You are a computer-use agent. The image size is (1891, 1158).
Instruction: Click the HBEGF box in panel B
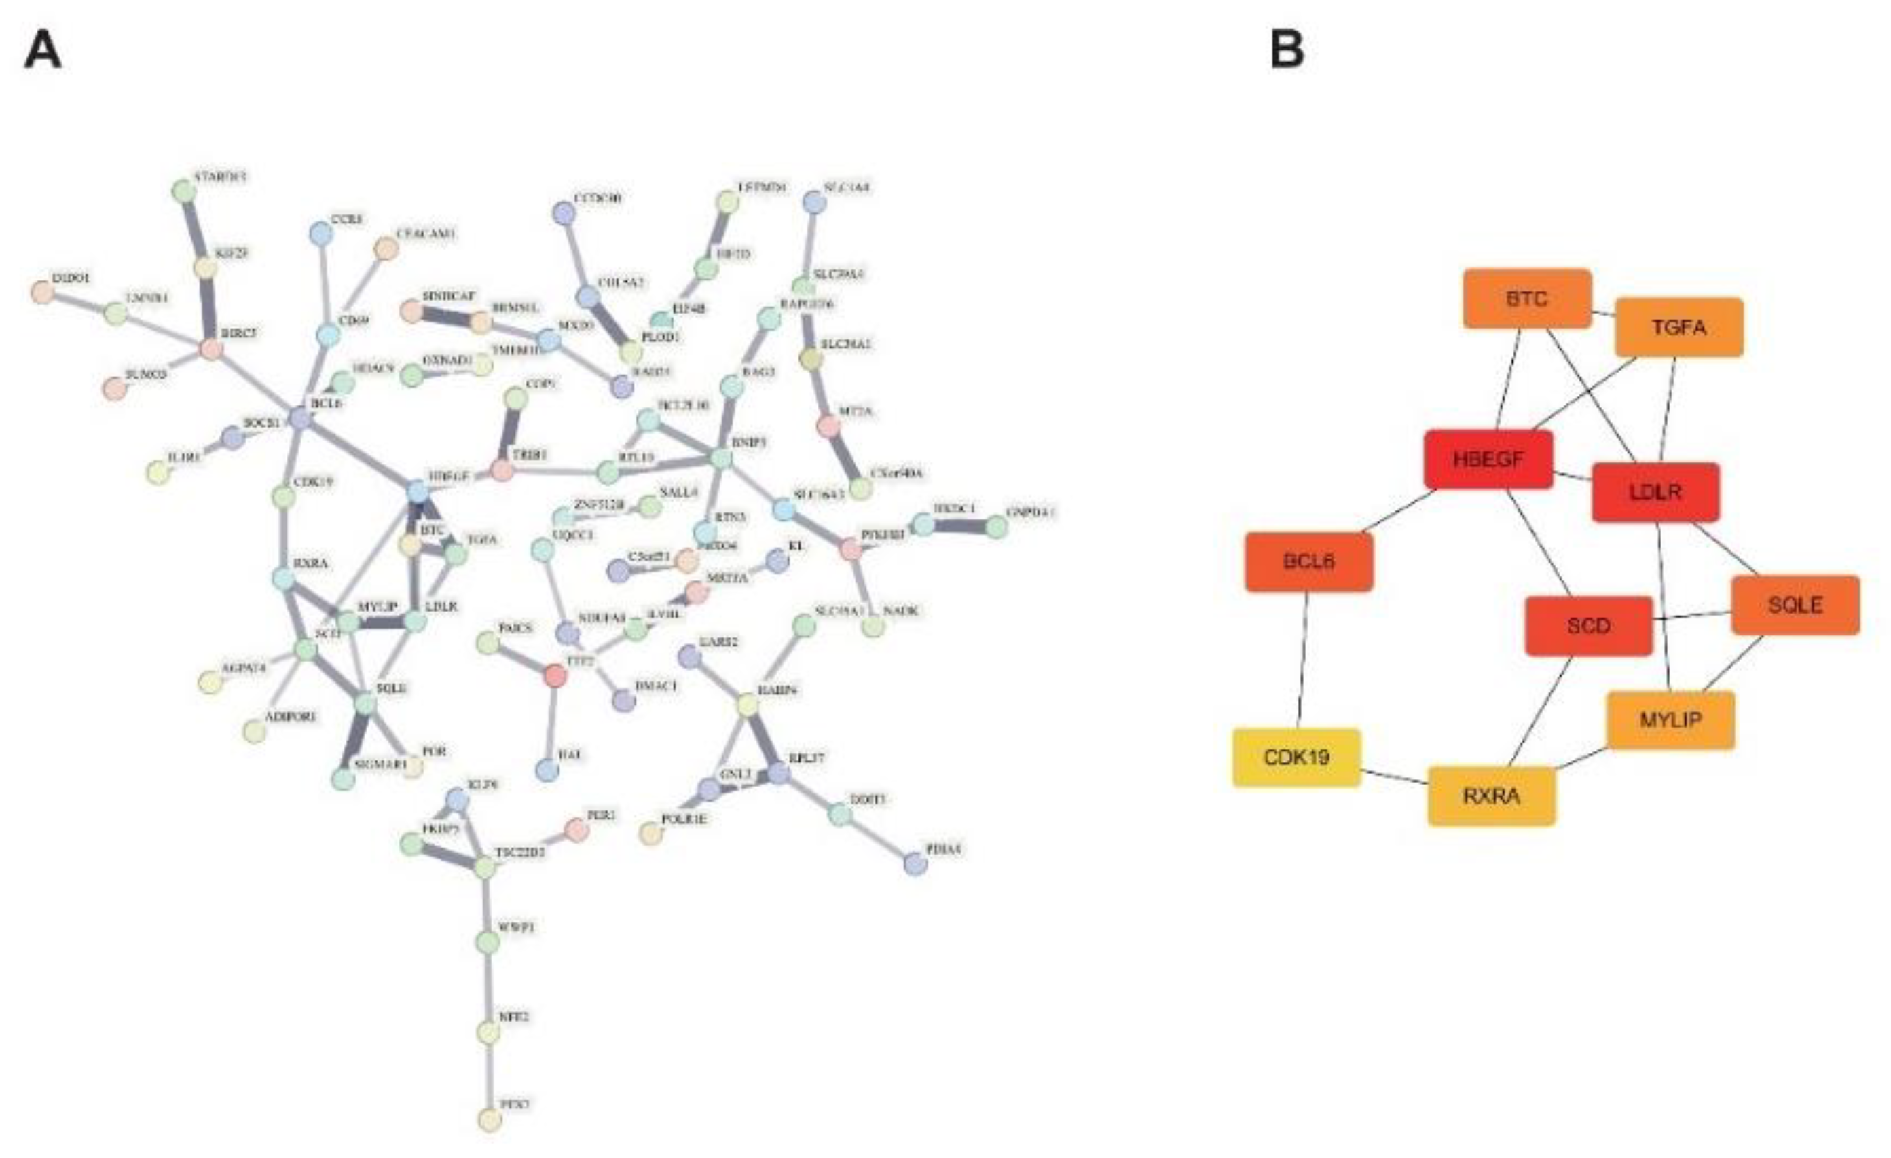click(x=1488, y=460)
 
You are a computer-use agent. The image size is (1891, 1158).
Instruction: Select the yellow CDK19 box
click(x=1296, y=758)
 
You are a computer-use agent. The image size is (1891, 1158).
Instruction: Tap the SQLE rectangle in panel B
click(x=1795, y=605)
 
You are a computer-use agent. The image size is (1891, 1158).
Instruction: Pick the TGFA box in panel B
click(x=1678, y=328)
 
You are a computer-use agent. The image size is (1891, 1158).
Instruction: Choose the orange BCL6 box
click(x=1308, y=562)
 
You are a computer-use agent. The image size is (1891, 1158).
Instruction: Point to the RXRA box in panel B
click(x=1491, y=797)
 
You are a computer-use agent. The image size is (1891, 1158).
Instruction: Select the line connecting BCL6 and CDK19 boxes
click(x=1303, y=660)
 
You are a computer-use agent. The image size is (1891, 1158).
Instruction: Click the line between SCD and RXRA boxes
click(x=1539, y=711)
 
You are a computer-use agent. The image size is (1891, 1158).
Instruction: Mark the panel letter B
click(x=1287, y=51)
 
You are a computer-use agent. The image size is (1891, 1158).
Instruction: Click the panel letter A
click(x=43, y=52)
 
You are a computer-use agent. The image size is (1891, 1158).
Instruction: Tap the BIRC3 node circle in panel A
click(x=211, y=348)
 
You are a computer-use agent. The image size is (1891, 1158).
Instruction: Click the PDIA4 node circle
click(x=915, y=864)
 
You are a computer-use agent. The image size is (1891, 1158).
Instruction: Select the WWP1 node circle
click(x=488, y=941)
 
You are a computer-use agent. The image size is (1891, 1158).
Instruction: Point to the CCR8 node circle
click(x=320, y=234)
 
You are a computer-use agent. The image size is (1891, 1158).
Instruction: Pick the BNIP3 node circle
click(x=720, y=458)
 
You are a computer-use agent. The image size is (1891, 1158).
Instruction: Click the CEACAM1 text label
click(x=426, y=234)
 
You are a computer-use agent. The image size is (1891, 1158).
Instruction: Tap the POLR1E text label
click(x=684, y=819)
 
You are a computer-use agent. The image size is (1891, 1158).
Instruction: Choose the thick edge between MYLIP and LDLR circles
click(x=382, y=622)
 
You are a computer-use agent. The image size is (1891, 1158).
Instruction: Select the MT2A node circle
click(x=827, y=426)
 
